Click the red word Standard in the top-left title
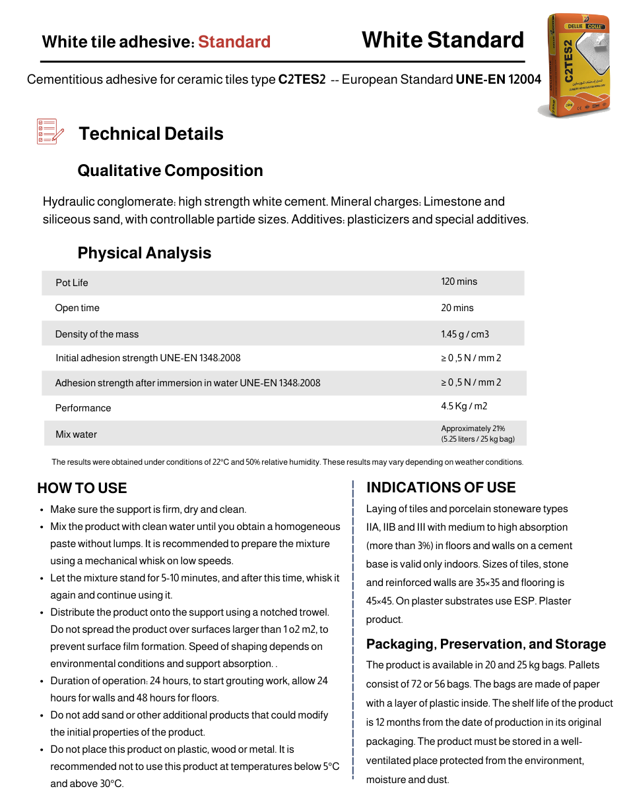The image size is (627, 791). pyautogui.click(x=234, y=42)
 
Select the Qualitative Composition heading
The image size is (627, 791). pyautogui.click(x=170, y=171)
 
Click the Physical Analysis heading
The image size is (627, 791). pyautogui.click(x=145, y=253)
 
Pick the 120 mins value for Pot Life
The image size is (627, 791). pyautogui.click(x=459, y=281)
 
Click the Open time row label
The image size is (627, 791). pyautogui.click(x=77, y=308)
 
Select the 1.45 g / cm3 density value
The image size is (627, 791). pyautogui.click(x=465, y=334)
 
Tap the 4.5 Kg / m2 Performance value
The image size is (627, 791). pyautogui.click(x=464, y=406)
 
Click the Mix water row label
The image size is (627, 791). pyautogui.click(x=76, y=434)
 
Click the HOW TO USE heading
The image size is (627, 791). pyautogui.click(x=82, y=488)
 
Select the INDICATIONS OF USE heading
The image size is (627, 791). pyautogui.click(x=441, y=488)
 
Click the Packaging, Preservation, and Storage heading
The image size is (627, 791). pyautogui.click(x=486, y=644)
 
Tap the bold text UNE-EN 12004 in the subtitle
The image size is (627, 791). pyautogui.click(x=498, y=80)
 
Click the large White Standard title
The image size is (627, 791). pyautogui.click(x=442, y=40)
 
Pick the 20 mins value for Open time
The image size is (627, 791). pyautogui.click(x=457, y=308)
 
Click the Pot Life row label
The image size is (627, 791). pyautogui.click(x=72, y=283)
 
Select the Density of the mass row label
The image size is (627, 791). pyautogui.click(x=97, y=334)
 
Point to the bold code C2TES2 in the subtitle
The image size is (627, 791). pyautogui.click(x=302, y=80)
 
